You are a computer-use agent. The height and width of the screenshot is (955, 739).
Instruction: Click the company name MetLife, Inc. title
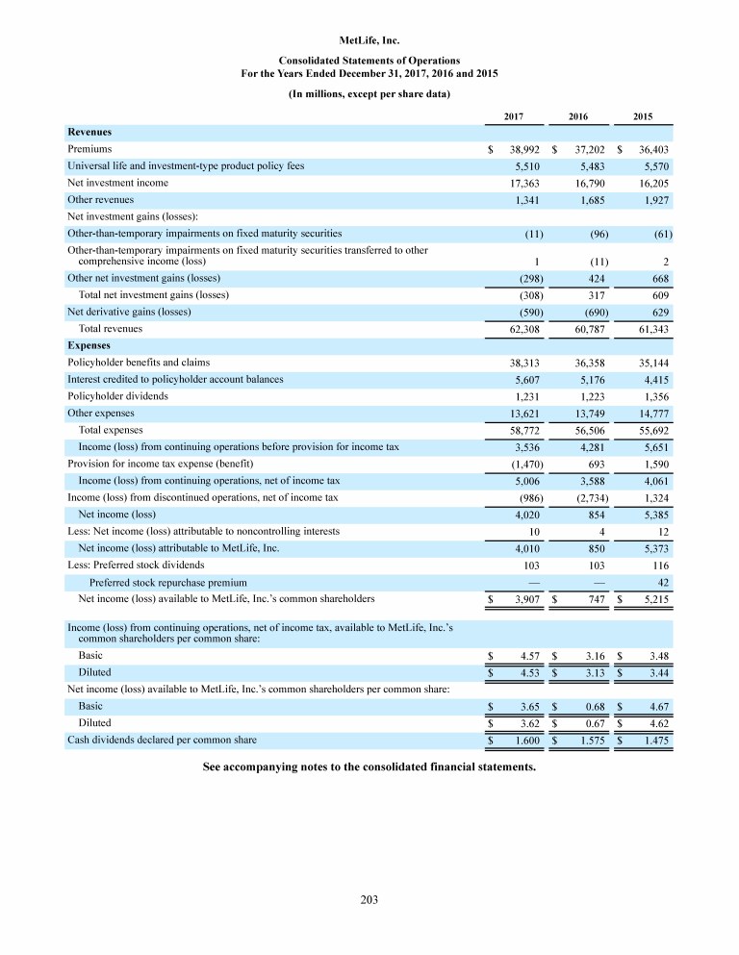(x=369, y=40)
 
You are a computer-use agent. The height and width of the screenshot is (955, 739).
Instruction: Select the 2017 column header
(x=514, y=115)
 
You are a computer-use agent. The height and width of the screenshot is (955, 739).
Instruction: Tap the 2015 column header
(x=643, y=115)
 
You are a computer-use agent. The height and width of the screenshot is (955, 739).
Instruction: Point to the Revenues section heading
(x=89, y=132)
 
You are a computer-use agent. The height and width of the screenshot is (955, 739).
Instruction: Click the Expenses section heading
(x=89, y=345)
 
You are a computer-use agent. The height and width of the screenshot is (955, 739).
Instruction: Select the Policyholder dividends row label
(x=117, y=396)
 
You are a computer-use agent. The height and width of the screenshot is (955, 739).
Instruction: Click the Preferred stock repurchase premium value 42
(x=662, y=582)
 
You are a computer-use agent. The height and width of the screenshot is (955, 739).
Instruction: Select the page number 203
(x=369, y=900)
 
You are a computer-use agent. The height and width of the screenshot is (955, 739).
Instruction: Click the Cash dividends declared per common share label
(x=162, y=741)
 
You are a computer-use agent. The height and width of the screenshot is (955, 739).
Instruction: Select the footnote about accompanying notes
(x=369, y=768)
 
